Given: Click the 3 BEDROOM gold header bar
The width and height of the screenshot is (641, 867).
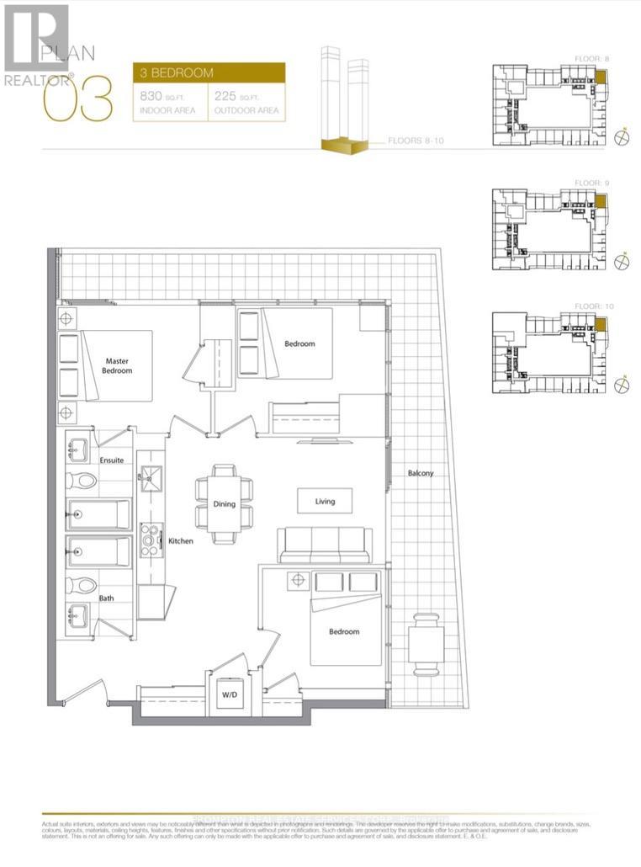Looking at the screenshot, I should point(209,73).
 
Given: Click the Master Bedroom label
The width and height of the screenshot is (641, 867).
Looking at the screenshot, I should point(116,365).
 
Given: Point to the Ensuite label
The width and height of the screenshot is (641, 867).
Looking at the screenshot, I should point(111,460).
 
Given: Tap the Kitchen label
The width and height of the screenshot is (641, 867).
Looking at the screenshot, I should point(180,541).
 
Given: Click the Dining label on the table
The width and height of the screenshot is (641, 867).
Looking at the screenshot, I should point(224,504).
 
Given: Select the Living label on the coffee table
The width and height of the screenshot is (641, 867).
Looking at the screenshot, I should point(325,502).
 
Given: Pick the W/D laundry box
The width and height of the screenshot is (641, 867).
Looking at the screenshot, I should point(229,695).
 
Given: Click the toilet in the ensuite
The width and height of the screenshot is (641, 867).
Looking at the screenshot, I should point(82,481).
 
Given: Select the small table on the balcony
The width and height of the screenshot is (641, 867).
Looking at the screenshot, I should point(425,645).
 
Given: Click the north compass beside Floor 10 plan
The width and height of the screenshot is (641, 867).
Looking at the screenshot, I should point(622,386).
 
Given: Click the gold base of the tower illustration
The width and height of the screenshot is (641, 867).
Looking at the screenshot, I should point(345,147).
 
